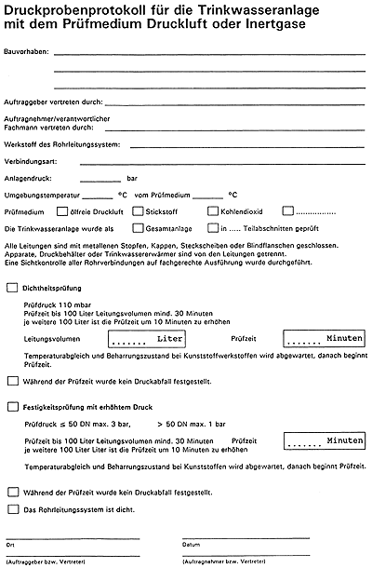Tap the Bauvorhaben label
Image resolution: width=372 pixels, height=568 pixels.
(x=27, y=53)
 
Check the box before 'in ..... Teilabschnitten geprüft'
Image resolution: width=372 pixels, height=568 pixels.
(x=213, y=227)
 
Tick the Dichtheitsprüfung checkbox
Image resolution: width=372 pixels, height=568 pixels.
(x=12, y=288)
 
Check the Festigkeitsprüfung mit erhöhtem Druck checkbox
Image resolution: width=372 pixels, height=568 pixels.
(x=12, y=406)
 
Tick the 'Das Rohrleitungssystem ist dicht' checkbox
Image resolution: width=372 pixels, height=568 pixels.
(x=12, y=508)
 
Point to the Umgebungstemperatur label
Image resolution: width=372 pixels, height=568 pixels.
(x=41, y=195)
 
